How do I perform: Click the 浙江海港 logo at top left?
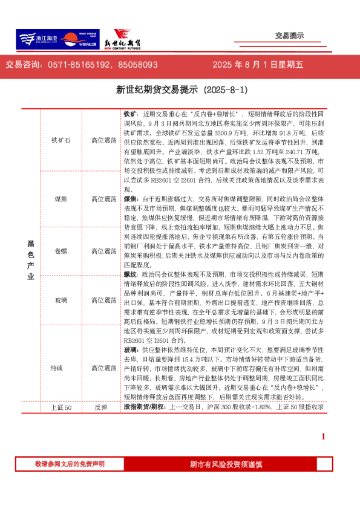(x=37, y=39)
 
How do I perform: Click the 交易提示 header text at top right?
(x=289, y=36)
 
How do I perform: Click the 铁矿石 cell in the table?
(x=61, y=140)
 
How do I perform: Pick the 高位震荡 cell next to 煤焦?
(x=104, y=199)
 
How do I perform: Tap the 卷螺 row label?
(x=61, y=250)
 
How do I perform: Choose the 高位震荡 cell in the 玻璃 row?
(x=104, y=300)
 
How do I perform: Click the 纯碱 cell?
(x=61, y=368)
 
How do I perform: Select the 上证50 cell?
(x=61, y=408)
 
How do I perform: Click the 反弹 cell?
(x=100, y=408)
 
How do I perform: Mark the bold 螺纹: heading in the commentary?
(x=131, y=274)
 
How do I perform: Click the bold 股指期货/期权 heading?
(x=146, y=408)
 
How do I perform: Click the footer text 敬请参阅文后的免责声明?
(x=70, y=464)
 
